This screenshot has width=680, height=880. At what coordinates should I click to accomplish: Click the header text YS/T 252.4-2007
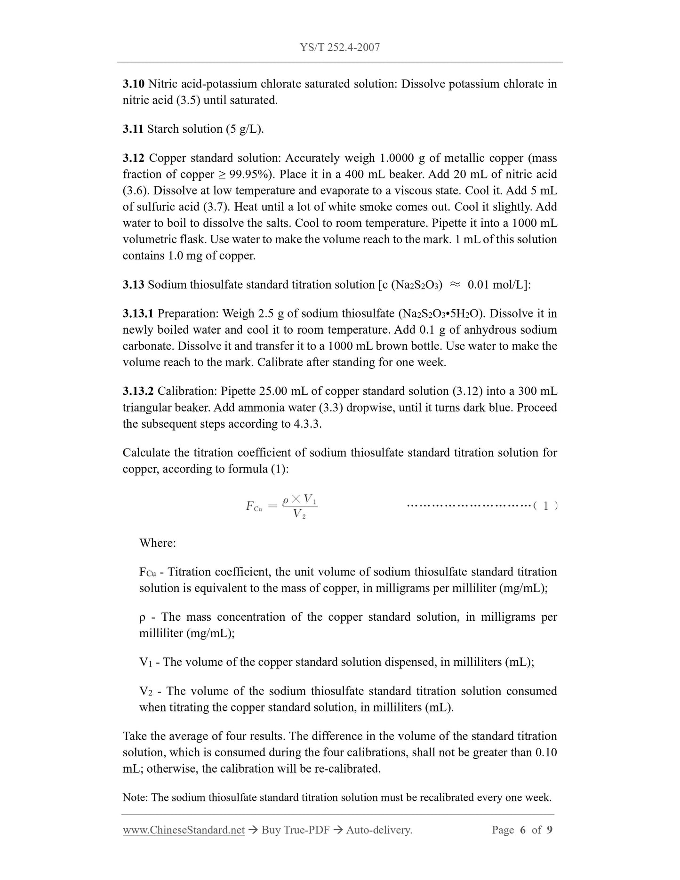[340, 47]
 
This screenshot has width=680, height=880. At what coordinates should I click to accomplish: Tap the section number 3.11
[133, 129]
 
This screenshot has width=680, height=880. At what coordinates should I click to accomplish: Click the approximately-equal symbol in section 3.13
[455, 285]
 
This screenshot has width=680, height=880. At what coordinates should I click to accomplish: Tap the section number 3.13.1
[138, 313]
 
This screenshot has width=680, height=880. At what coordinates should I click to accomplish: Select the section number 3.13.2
[138, 391]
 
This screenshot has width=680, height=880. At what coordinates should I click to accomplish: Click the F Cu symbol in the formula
[254, 506]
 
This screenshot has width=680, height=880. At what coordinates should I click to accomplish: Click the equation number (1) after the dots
[545, 506]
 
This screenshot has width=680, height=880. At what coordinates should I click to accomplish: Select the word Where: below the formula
[157, 543]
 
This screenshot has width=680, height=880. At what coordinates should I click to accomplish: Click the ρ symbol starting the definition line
[142, 617]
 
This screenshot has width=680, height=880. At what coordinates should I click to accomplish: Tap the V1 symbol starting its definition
[145, 663]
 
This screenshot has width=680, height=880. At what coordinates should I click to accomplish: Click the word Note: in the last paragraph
[136, 798]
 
